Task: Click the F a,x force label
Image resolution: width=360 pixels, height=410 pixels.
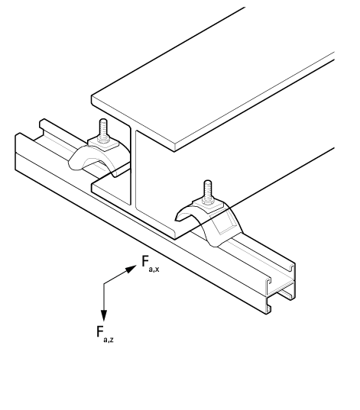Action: (x=151, y=264)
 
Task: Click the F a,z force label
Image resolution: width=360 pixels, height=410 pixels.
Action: (x=105, y=334)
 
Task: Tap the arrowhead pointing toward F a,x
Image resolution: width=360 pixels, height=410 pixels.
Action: (x=131, y=269)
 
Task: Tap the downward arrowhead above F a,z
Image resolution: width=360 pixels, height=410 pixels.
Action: (x=104, y=315)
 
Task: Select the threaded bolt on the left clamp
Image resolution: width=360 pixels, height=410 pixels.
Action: (x=103, y=130)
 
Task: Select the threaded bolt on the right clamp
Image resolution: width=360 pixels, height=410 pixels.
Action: (x=207, y=191)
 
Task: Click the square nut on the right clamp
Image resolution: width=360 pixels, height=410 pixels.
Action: (x=209, y=205)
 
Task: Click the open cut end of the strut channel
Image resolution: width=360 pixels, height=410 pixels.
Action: (x=281, y=288)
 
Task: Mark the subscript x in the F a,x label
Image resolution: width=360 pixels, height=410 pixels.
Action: (x=156, y=270)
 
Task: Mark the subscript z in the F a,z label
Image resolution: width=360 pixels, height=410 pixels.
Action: (x=112, y=340)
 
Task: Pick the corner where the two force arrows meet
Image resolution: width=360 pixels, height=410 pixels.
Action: (x=104, y=283)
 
